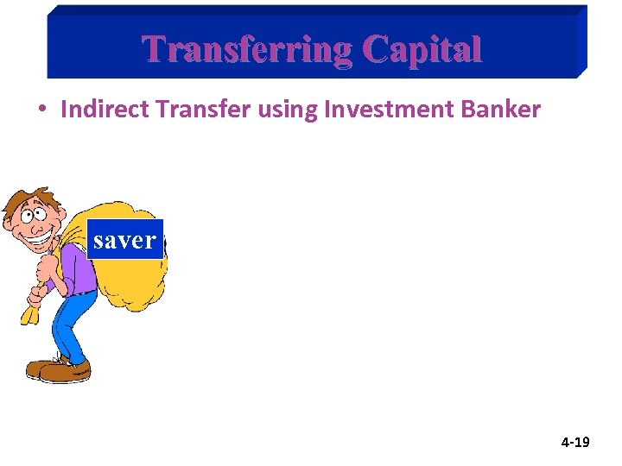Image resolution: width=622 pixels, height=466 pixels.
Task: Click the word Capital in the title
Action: click(x=422, y=49)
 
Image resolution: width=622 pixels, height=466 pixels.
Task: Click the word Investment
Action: click(x=367, y=110)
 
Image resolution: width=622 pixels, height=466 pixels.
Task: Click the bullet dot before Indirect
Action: click(x=41, y=110)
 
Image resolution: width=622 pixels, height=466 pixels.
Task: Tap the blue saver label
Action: click(x=124, y=240)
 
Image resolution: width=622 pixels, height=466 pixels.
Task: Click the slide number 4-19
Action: click(x=575, y=443)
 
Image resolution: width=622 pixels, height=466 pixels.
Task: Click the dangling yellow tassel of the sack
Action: click(x=30, y=312)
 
